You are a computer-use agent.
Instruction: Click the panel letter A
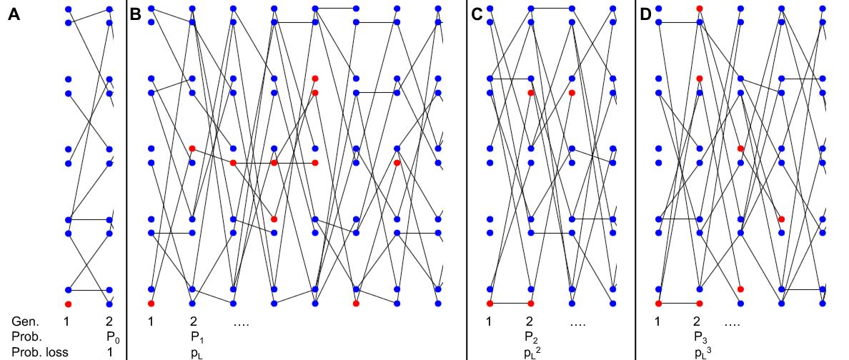click(x=14, y=14)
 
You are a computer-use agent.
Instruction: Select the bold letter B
click(x=136, y=14)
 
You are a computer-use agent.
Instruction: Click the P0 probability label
click(x=111, y=336)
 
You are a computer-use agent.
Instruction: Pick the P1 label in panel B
click(x=197, y=336)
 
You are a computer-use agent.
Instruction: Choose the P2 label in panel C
click(x=531, y=336)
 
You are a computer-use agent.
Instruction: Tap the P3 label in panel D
click(x=700, y=336)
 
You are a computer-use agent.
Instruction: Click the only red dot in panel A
click(x=68, y=304)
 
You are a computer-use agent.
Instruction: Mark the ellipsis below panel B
click(x=240, y=323)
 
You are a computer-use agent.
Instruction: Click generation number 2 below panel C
click(x=530, y=322)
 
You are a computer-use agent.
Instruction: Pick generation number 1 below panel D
click(x=657, y=322)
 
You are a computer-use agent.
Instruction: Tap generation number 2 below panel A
click(x=109, y=322)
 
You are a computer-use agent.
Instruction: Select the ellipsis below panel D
click(x=733, y=323)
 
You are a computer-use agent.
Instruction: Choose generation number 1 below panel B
click(x=151, y=322)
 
